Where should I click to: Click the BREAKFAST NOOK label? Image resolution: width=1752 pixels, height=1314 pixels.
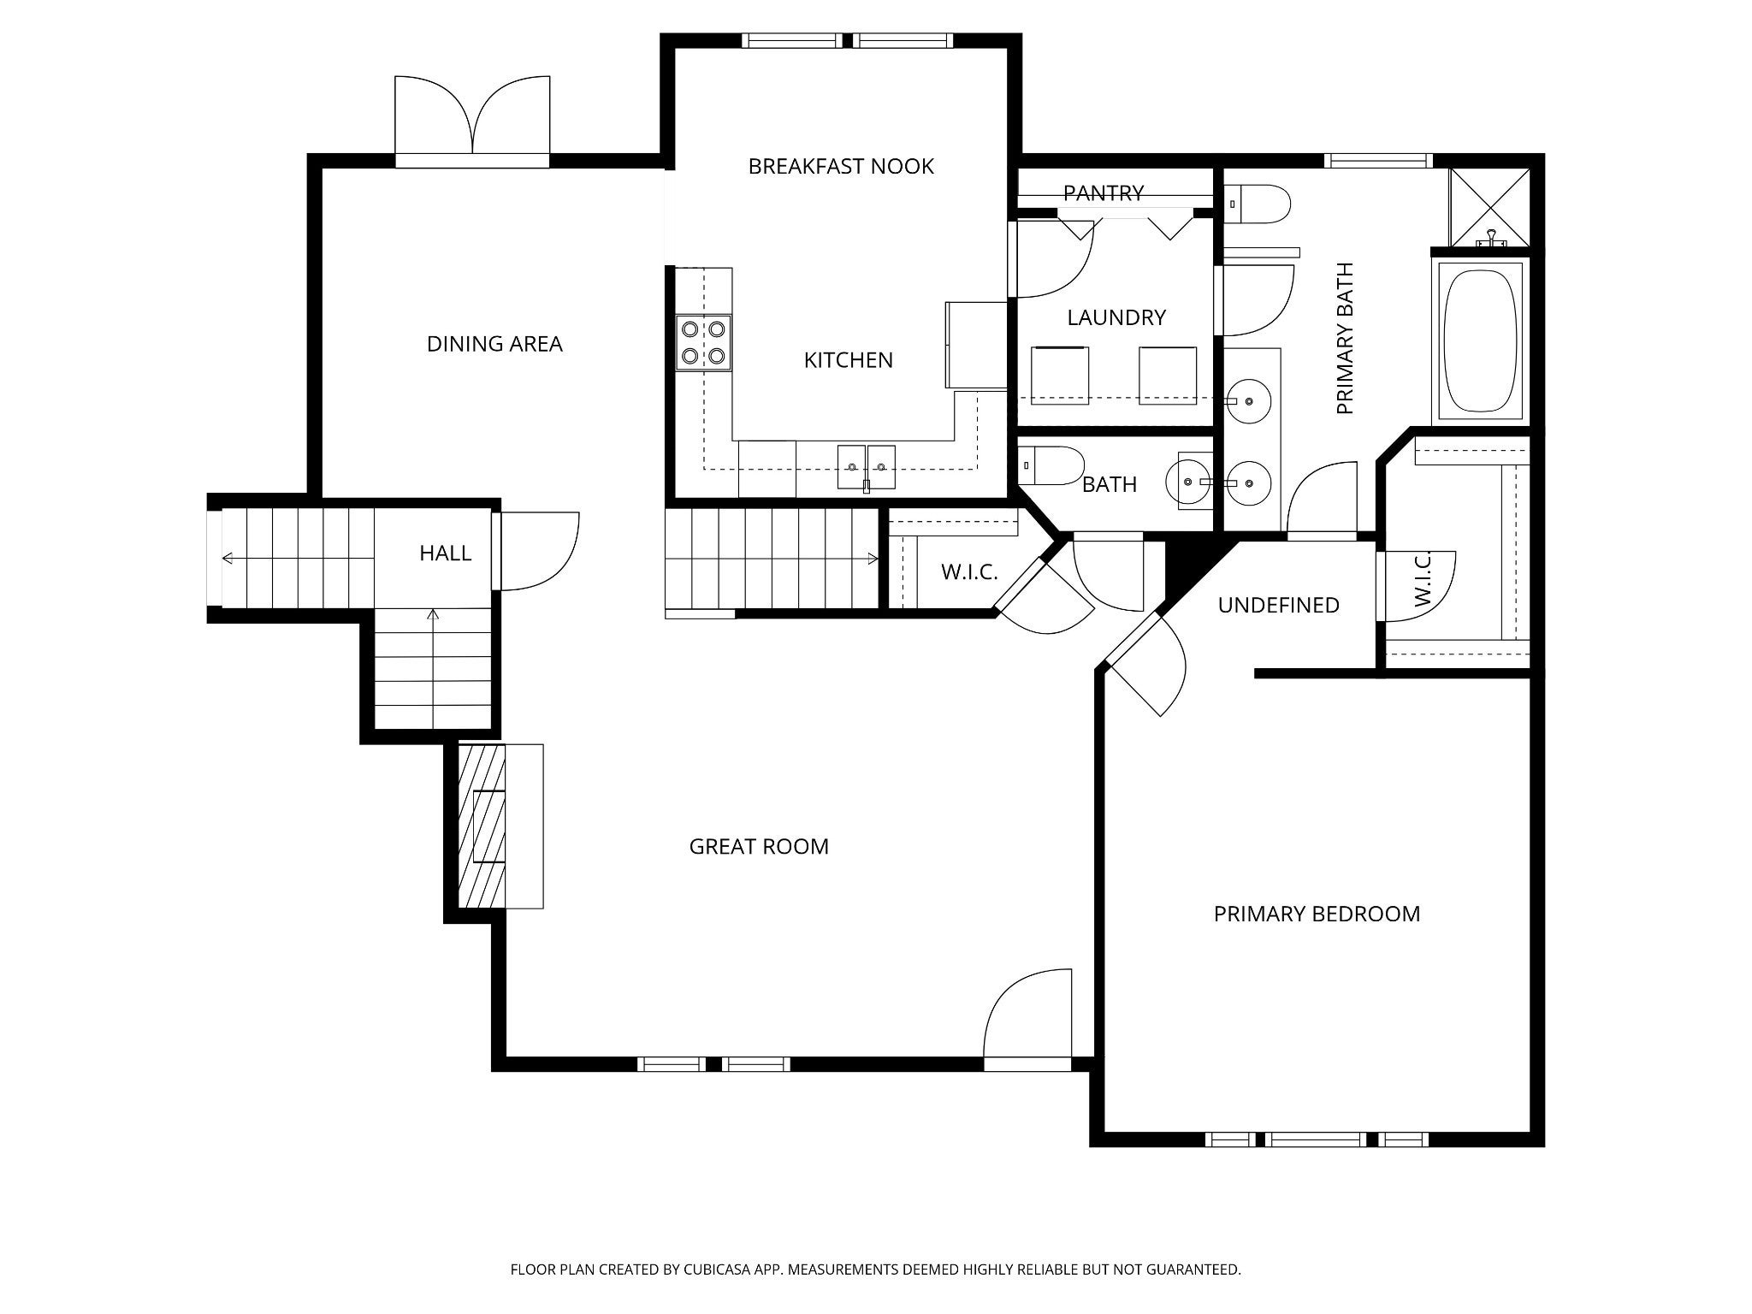[841, 166]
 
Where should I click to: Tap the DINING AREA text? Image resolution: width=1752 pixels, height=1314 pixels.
[494, 344]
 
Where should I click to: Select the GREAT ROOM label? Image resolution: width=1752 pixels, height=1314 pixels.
[759, 847]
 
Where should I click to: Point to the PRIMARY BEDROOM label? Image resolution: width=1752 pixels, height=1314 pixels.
[1317, 914]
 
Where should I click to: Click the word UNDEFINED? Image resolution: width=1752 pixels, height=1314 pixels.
[1278, 606]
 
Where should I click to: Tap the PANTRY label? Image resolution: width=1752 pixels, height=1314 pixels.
[1104, 193]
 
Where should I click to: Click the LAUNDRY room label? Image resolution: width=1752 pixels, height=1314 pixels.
[1116, 318]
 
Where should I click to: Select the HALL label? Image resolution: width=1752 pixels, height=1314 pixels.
[445, 553]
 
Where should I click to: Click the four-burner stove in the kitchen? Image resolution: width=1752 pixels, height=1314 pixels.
[704, 343]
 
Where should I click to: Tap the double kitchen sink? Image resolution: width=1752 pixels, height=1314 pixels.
[866, 467]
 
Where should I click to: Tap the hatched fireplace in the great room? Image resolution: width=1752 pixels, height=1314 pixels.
[482, 826]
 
